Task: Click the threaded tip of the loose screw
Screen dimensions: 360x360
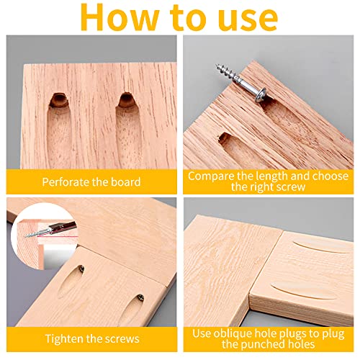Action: tap(217, 69)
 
